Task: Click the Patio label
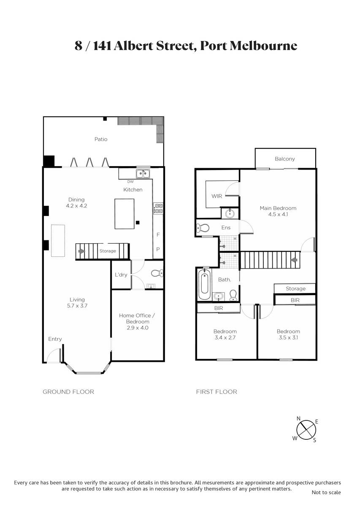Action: click(x=101, y=139)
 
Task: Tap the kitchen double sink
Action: click(x=143, y=174)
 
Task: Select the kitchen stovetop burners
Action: click(x=158, y=208)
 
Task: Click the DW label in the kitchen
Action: click(x=130, y=182)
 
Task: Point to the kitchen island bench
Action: click(x=125, y=214)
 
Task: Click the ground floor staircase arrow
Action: click(x=81, y=251)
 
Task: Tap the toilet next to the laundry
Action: click(x=157, y=273)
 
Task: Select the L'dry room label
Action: click(x=121, y=275)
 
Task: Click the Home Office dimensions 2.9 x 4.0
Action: click(x=138, y=328)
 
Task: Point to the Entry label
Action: click(x=55, y=339)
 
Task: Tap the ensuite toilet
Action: click(x=203, y=228)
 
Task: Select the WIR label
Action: click(x=217, y=196)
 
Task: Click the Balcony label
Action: click(x=285, y=159)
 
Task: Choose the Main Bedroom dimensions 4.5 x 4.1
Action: click(x=278, y=214)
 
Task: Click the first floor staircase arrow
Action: click(x=294, y=260)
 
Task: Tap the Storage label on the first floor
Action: click(x=295, y=288)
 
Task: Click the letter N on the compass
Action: click(x=298, y=418)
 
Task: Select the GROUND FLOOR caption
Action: click(x=68, y=392)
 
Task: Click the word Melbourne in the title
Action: click(x=263, y=46)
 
